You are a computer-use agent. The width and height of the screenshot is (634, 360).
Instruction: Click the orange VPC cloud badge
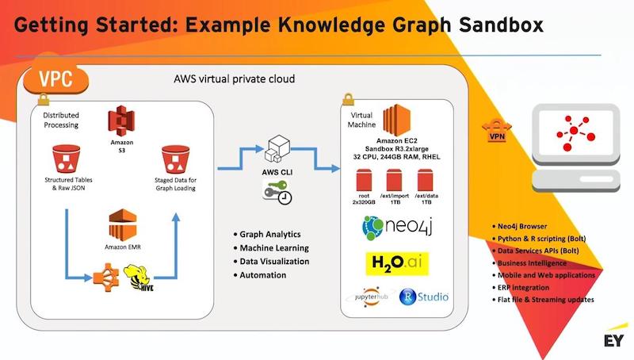click(x=55, y=79)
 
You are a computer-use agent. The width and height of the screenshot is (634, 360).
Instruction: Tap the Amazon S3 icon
click(x=121, y=121)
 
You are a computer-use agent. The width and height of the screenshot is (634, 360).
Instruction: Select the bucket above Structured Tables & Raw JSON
click(x=67, y=159)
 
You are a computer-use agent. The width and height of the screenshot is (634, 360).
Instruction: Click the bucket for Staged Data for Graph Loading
click(x=175, y=159)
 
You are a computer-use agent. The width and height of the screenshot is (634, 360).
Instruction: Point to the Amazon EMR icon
click(x=123, y=225)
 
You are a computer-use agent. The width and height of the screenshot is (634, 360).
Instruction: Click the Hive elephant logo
click(x=138, y=278)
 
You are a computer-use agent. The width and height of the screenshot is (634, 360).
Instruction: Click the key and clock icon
click(x=277, y=192)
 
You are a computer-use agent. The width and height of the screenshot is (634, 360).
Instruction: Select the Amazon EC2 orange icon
click(x=397, y=121)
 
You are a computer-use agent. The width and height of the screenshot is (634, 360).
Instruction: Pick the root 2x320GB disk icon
click(x=364, y=181)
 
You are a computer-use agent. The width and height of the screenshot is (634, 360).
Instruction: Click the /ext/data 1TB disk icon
click(x=425, y=181)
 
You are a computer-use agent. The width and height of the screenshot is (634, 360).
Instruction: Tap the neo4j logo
click(x=398, y=228)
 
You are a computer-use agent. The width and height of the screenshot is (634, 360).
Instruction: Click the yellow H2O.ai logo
click(x=397, y=264)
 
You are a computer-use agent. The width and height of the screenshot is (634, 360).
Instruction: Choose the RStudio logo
click(x=424, y=297)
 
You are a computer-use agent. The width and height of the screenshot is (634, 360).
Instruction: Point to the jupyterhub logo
click(x=371, y=297)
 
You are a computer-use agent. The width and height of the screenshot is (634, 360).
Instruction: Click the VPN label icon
click(x=497, y=130)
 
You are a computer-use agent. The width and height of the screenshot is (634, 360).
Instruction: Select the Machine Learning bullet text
click(x=274, y=248)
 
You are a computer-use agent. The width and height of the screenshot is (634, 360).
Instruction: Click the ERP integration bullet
click(x=523, y=288)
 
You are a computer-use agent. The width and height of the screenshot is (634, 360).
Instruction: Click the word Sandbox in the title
click(x=501, y=25)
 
